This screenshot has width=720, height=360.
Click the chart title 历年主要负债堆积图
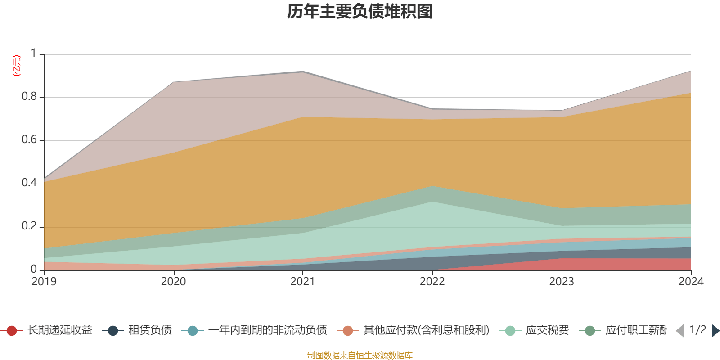pyautogui.click(x=360, y=12)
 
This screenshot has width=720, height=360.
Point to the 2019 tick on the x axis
pyautogui.click(x=44, y=282)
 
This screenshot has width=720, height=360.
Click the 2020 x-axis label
pyautogui.click(x=173, y=282)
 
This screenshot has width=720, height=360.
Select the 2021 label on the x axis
pyautogui.click(x=302, y=282)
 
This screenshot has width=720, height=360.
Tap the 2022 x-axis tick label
pyautogui.click(x=432, y=282)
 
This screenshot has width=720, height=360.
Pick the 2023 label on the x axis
pyautogui.click(x=561, y=282)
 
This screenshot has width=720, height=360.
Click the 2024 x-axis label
pyautogui.click(x=690, y=282)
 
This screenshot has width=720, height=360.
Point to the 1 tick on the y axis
pyautogui.click(x=34, y=54)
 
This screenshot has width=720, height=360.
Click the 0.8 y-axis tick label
pyautogui.click(x=29, y=97)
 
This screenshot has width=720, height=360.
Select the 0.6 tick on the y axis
pyautogui.click(x=29, y=140)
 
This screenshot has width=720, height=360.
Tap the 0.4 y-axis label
pyautogui.click(x=29, y=183)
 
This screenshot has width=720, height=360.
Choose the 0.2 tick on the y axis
pyautogui.click(x=29, y=226)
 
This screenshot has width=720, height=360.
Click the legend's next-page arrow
pyautogui.click(x=715, y=331)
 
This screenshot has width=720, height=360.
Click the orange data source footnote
pyautogui.click(x=360, y=355)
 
